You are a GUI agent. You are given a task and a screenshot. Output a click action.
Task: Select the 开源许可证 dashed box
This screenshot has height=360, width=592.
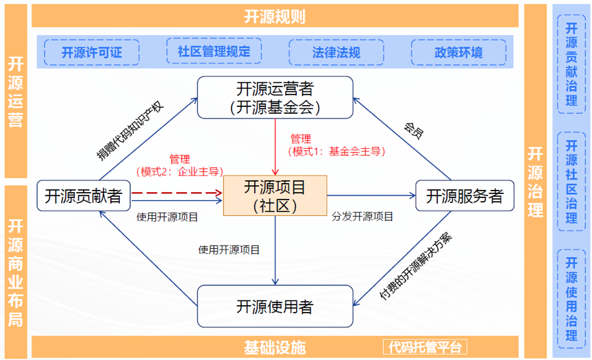click(x=92, y=52)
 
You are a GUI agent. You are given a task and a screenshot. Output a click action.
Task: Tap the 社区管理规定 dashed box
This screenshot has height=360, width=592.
click(x=214, y=51)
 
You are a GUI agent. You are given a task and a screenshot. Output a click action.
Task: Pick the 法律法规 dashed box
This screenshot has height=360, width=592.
click(x=336, y=52)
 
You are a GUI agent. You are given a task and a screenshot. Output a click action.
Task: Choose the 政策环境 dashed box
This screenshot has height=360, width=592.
click(x=458, y=52)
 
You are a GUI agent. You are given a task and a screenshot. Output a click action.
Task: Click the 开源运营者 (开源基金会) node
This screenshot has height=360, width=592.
click(x=275, y=97)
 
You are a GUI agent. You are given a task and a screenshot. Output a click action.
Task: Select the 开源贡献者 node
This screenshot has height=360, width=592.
click(x=83, y=196)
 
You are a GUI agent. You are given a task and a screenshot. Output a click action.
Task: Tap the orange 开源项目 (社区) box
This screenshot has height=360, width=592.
click(x=275, y=195)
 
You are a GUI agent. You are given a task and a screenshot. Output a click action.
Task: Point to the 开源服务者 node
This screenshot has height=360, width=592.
click(x=465, y=196)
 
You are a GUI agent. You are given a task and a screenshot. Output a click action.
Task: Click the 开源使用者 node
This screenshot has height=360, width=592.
click(x=275, y=306)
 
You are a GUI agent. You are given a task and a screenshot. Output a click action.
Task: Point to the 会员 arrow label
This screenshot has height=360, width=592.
click(x=413, y=130)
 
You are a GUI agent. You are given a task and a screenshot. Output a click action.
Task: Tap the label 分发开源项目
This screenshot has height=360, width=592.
click(x=362, y=217)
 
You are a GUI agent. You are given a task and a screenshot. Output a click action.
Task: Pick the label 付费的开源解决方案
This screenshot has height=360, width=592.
click(x=416, y=267)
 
